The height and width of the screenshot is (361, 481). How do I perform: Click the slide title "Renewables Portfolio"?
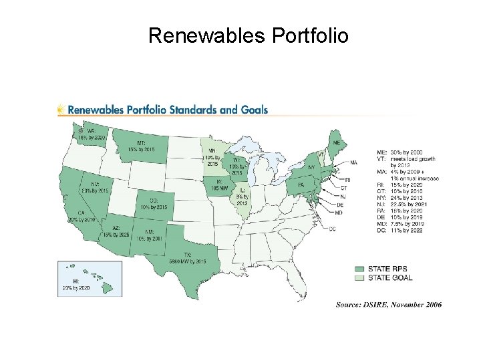248,35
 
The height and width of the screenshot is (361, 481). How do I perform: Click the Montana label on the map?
142,145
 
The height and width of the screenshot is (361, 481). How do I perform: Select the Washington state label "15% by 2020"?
92,134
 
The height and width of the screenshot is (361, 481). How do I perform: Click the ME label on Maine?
337,143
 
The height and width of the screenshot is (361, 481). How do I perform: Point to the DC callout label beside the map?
333,229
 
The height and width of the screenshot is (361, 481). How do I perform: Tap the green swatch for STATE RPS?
359,269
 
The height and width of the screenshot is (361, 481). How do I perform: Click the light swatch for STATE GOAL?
359,277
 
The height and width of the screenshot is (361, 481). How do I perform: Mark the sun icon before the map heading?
61,110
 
